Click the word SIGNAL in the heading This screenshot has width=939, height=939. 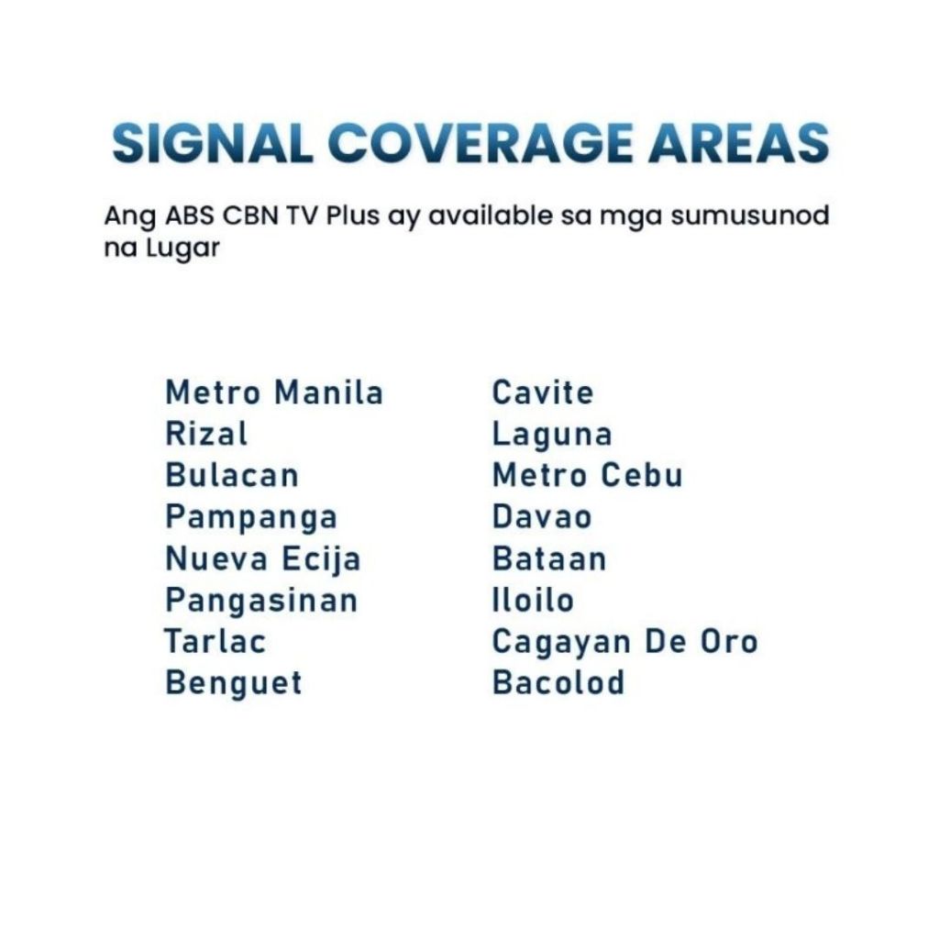[212, 143]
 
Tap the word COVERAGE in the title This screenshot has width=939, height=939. [479, 143]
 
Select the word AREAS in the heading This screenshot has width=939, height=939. [738, 143]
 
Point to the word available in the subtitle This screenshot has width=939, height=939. [492, 215]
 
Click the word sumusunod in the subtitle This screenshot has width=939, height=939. [749, 215]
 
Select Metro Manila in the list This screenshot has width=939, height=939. [274, 392]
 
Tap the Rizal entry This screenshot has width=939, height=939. [206, 434]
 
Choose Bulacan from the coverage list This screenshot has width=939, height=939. [232, 476]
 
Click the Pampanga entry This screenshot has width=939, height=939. [251, 518]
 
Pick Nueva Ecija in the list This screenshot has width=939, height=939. [263, 560]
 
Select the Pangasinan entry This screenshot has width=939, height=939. [261, 602]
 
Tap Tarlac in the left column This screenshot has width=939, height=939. [215, 641]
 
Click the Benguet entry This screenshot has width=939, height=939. [234, 684]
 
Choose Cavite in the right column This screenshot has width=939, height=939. [543, 392]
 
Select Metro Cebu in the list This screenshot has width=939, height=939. [587, 476]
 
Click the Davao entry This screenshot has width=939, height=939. [542, 517]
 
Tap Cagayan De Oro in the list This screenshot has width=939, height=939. [625, 643]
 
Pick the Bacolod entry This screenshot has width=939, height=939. [558, 682]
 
